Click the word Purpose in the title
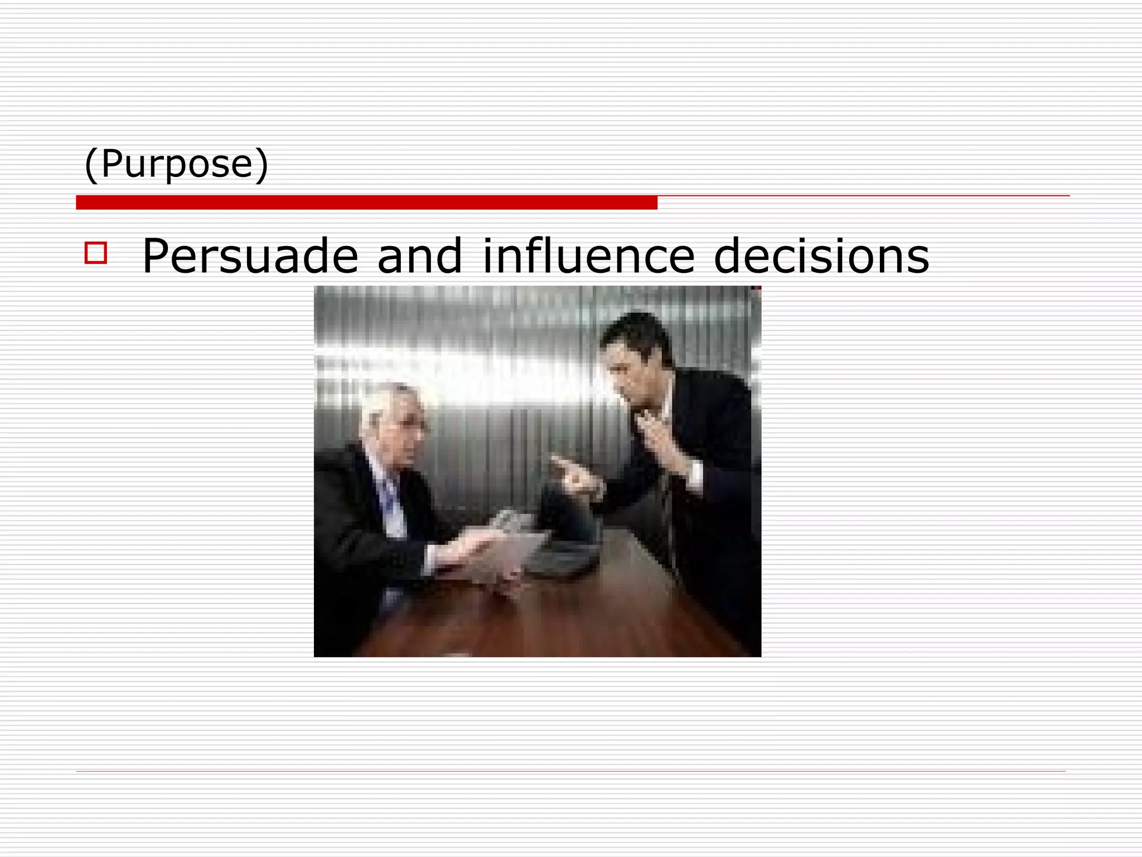tap(177, 163)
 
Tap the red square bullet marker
tap(95, 253)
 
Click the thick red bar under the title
tap(366, 203)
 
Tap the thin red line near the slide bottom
tap(570, 771)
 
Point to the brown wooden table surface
tap(558, 619)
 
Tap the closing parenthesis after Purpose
tap(262, 165)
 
